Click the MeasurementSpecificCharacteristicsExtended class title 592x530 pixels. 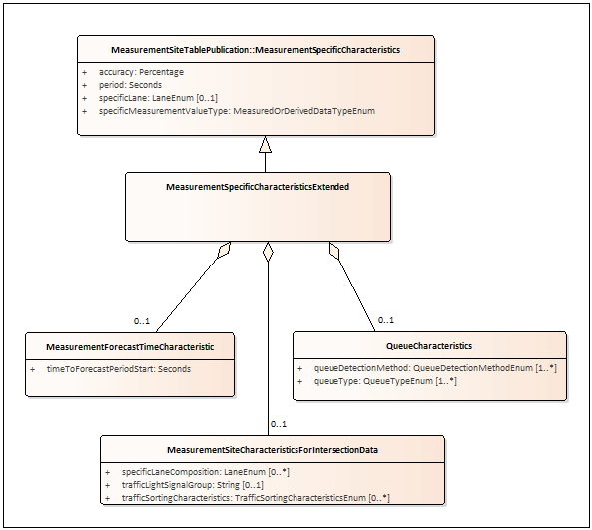click(258, 187)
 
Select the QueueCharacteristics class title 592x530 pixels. click(429, 346)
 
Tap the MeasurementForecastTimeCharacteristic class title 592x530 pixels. click(130, 347)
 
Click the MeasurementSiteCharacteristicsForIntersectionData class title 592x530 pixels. click(273, 450)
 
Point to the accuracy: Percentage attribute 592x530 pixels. click(141, 72)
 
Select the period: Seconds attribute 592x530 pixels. click(130, 85)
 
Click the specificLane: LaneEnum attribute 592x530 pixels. click(158, 98)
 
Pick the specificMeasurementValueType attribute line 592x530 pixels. click(238, 111)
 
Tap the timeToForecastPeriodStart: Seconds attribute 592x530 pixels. click(119, 369)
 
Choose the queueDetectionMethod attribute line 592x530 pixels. click(435, 368)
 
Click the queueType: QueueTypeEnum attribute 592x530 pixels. click(385, 381)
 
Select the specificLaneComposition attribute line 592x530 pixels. click(206, 472)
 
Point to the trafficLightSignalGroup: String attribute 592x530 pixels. click(193, 485)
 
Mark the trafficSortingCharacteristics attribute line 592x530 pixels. click(256, 498)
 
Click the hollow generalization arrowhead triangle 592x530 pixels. click(265, 144)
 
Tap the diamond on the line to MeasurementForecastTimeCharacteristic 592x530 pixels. click(224, 250)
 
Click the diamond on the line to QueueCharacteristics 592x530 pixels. click(334, 251)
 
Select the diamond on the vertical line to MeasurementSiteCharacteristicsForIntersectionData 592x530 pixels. click(268, 252)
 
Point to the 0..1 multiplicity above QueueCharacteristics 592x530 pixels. click(386, 320)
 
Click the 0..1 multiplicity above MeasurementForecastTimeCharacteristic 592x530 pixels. click(142, 321)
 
